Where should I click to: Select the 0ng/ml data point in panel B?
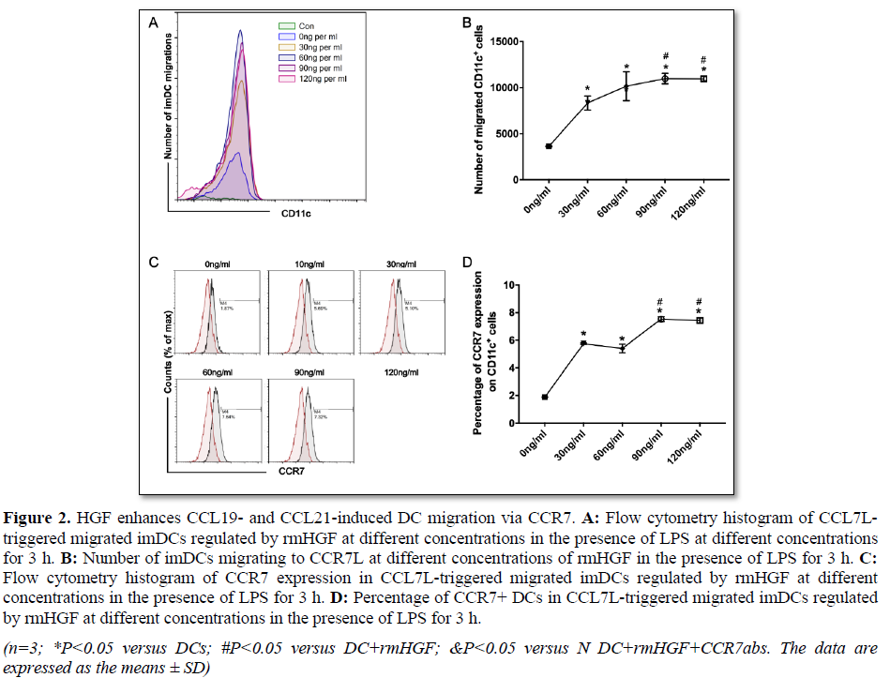pos(549,146)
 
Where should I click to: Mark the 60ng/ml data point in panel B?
pos(626,87)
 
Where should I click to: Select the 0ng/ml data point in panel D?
pos(545,398)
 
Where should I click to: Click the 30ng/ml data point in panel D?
pos(583,343)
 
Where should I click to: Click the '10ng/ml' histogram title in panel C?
pos(299,264)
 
